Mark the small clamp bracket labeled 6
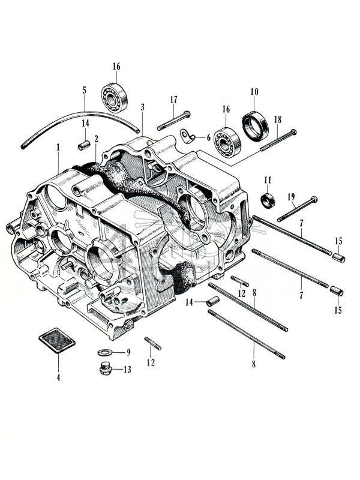pyautogui.click(x=189, y=137)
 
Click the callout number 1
pyautogui.click(x=58, y=147)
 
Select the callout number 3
pyautogui.click(x=142, y=107)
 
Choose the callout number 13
pyautogui.click(x=127, y=370)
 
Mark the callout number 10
pyautogui.click(x=254, y=92)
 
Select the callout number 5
pyautogui.click(x=84, y=91)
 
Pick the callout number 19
pyautogui.click(x=291, y=196)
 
